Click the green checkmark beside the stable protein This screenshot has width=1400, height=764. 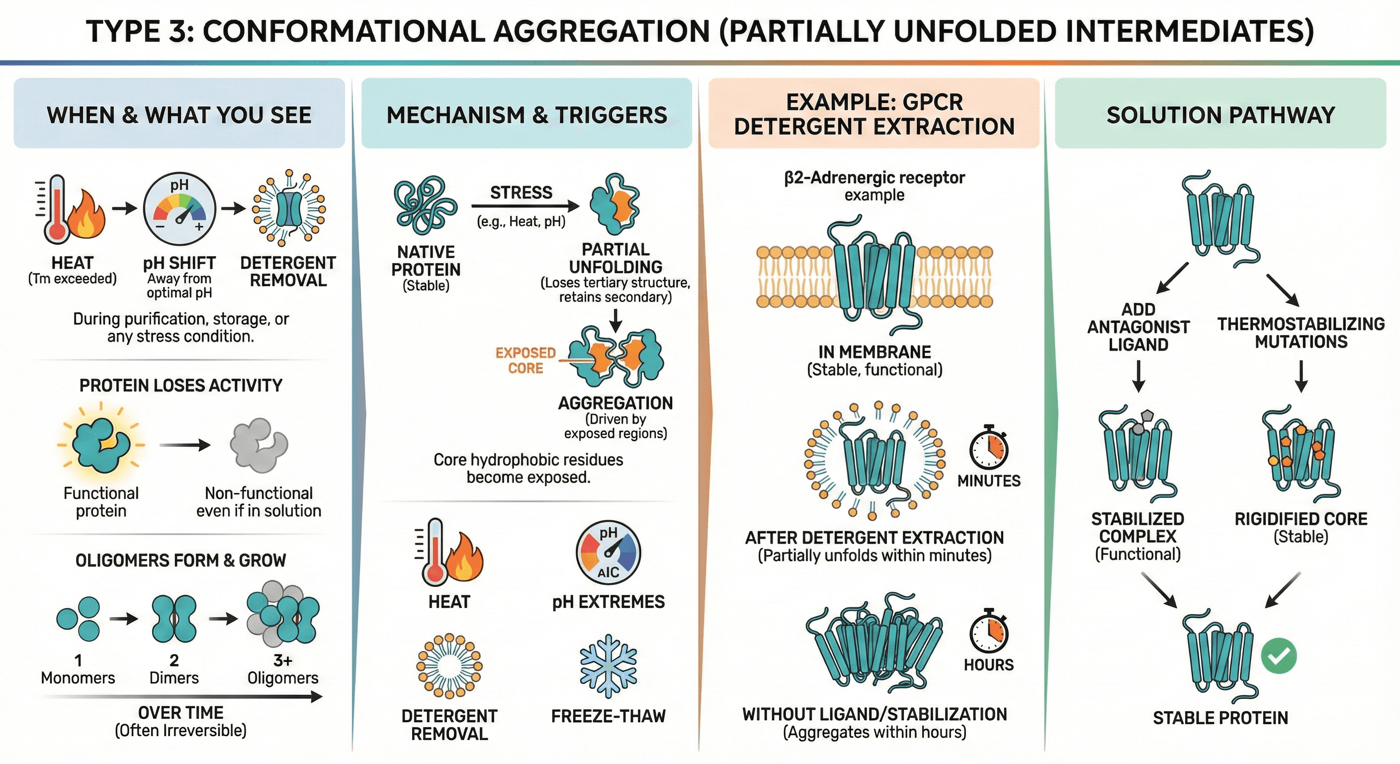pyautogui.click(x=1278, y=656)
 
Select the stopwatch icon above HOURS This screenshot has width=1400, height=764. pyautogui.click(x=988, y=632)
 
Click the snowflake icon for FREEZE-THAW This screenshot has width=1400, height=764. pyautogui.click(x=608, y=666)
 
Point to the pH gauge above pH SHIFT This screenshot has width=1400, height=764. pyautogui.click(x=179, y=209)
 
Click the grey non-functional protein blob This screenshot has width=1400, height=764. pyautogui.click(x=258, y=445)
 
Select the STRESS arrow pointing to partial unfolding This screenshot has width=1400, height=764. pyautogui.click(x=525, y=206)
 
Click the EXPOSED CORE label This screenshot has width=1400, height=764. pyautogui.click(x=525, y=361)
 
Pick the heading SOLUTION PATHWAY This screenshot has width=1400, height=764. pyautogui.click(x=1221, y=115)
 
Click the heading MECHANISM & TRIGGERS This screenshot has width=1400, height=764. pyautogui.click(x=526, y=115)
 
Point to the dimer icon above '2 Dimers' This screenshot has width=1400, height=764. pyautogui.click(x=174, y=618)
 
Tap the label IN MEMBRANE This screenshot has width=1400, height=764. pyautogui.click(x=875, y=352)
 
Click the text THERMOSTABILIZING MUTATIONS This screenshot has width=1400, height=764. pyautogui.click(x=1301, y=333)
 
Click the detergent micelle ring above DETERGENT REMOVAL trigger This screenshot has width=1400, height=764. pyautogui.click(x=449, y=666)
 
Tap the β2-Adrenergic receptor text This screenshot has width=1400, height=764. pyautogui.click(x=875, y=178)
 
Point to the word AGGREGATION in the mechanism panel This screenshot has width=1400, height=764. pyautogui.click(x=615, y=403)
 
